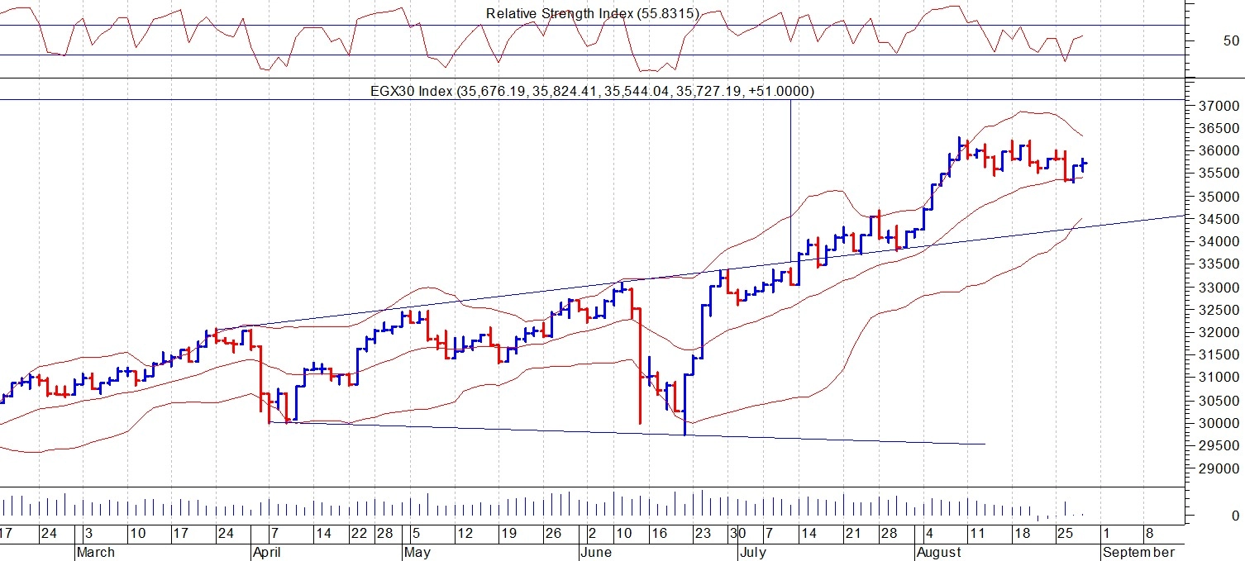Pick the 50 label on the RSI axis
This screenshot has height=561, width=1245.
[1230, 40]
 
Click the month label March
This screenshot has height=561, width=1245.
[97, 552]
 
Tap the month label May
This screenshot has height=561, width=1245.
[418, 552]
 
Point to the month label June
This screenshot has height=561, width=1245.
[595, 552]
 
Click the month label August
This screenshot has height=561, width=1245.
[938, 552]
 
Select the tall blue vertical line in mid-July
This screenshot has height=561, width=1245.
[791, 165]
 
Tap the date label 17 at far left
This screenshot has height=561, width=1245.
[7, 534]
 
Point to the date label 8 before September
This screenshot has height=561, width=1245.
[1150, 534]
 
